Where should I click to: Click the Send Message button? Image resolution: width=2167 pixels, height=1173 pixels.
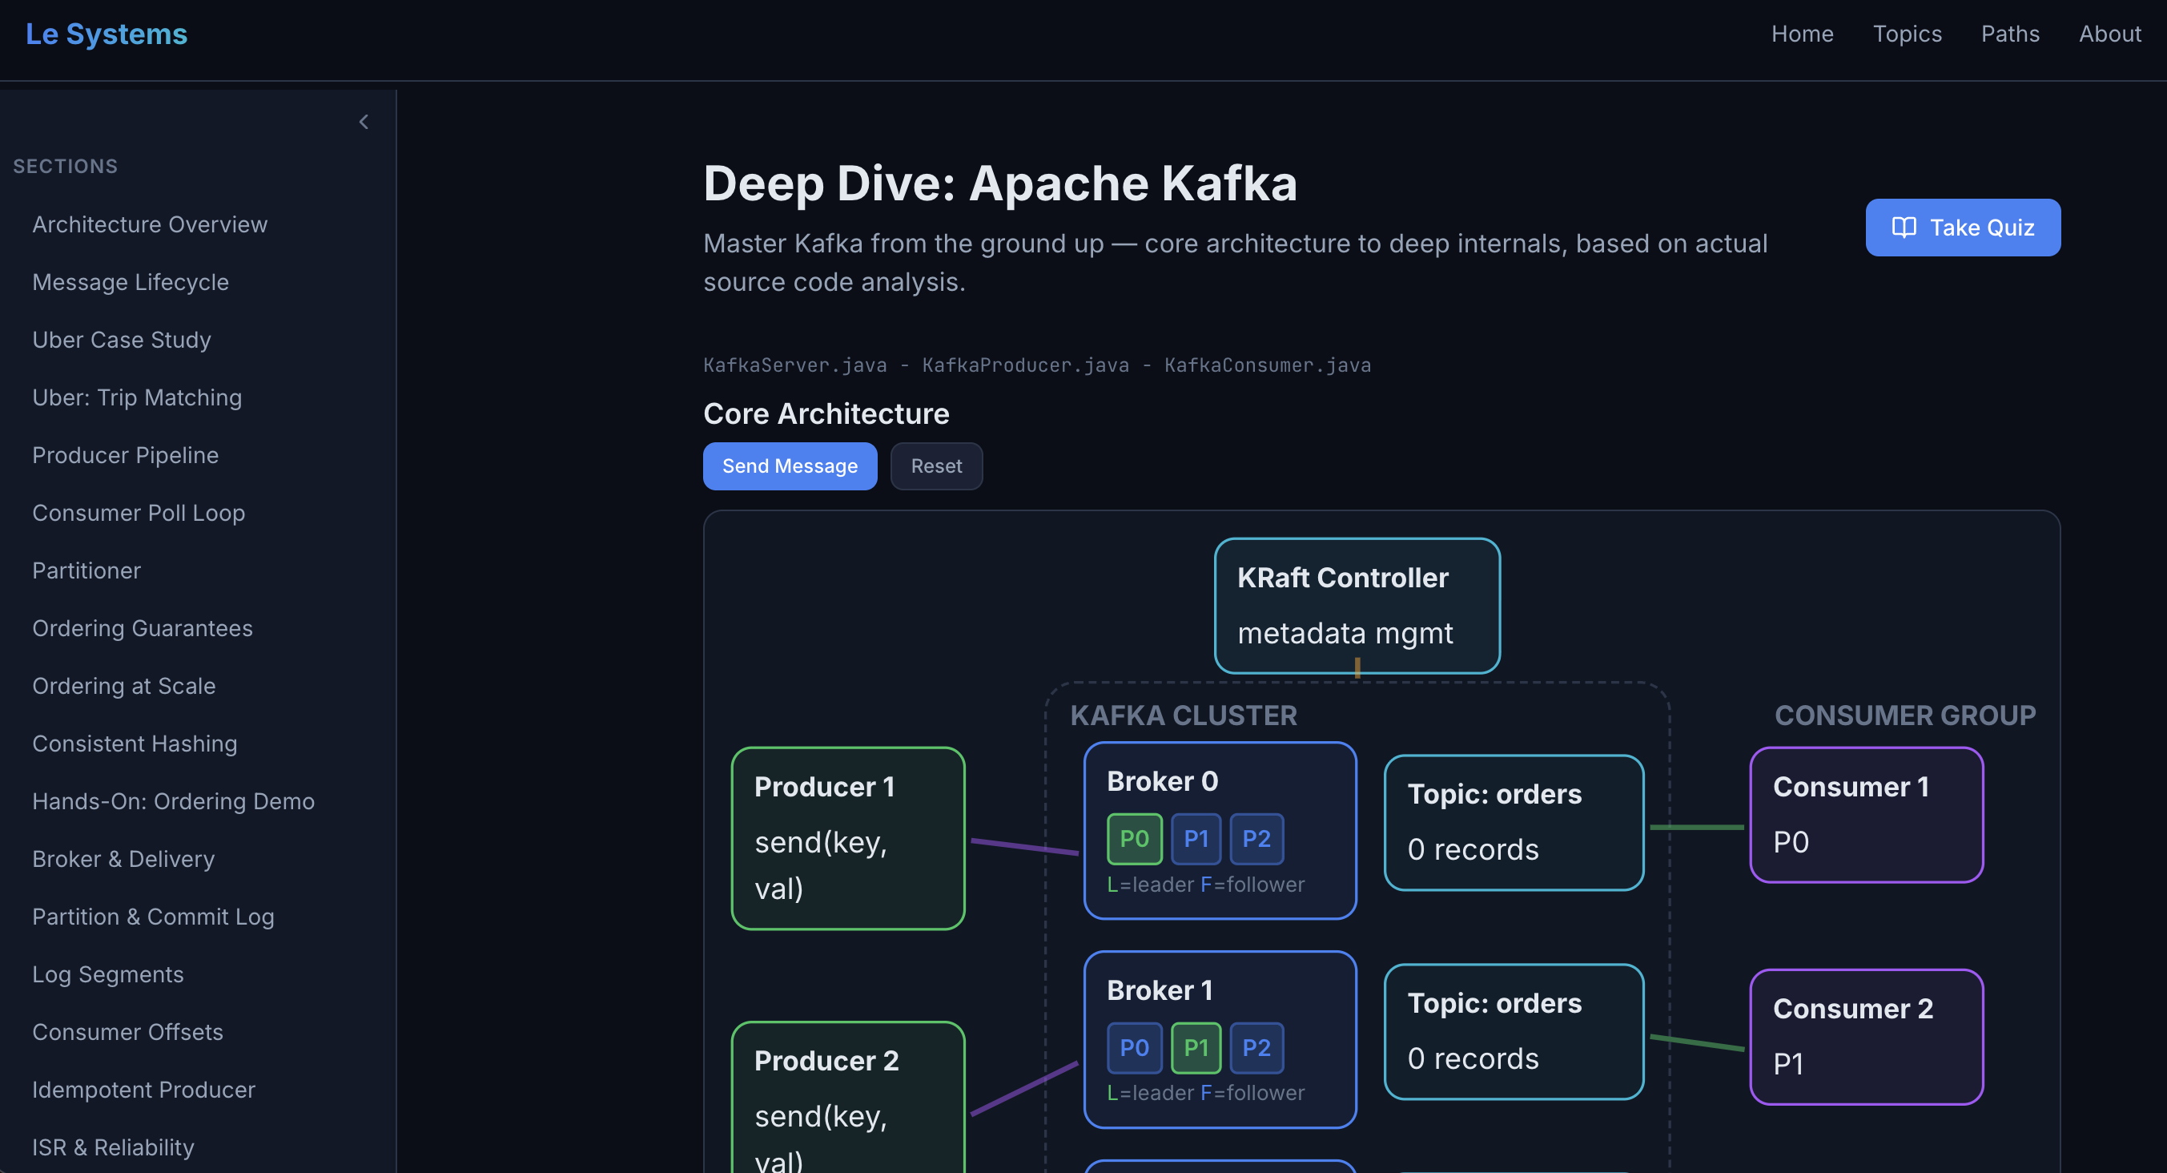(x=789, y=466)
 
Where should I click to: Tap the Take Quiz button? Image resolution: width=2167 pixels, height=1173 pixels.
(x=1962, y=228)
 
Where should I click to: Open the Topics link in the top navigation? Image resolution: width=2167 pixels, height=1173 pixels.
(x=1906, y=34)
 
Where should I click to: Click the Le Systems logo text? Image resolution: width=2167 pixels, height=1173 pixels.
(x=106, y=34)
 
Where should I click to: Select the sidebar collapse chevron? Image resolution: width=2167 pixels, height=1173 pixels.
(x=364, y=122)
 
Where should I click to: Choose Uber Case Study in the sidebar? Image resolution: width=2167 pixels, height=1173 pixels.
(x=121, y=339)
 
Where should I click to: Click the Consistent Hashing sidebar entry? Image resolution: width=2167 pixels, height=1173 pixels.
(x=135, y=743)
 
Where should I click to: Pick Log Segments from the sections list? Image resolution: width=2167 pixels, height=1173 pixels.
(x=107, y=973)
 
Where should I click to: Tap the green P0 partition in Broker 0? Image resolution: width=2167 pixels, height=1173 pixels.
(x=1134, y=838)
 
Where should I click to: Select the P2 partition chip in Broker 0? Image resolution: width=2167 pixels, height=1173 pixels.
(x=1256, y=838)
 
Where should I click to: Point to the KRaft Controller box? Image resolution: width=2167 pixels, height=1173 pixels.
(x=1356, y=605)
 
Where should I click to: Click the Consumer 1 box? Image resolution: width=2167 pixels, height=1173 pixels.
(x=1866, y=814)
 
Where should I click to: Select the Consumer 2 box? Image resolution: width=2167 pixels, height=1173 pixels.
(x=1866, y=1036)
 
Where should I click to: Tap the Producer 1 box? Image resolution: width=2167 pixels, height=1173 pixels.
(x=847, y=837)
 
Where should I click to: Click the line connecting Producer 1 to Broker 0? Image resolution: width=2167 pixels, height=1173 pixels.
(x=1024, y=845)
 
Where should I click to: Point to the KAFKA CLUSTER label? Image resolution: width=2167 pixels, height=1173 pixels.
(x=1183, y=715)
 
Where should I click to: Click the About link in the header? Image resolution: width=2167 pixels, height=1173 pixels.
(x=2109, y=34)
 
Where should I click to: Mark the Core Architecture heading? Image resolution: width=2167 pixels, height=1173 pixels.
(x=826, y=413)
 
